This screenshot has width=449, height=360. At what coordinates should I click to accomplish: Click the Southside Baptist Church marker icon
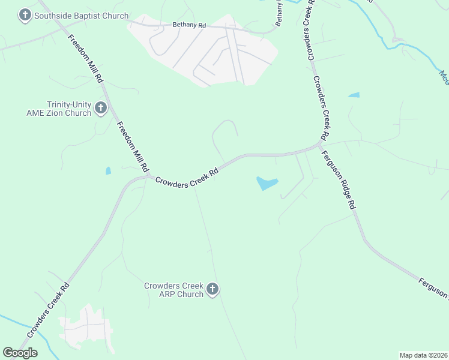[x=25, y=15]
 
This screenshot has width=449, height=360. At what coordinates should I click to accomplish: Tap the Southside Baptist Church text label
[x=82, y=15]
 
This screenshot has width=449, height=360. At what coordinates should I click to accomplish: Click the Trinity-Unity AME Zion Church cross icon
[x=100, y=109]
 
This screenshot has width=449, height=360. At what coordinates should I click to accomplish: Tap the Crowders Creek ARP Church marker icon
[x=212, y=290]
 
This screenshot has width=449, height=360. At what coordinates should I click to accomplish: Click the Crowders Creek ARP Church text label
[x=173, y=290]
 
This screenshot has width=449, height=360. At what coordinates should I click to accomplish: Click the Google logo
[x=20, y=353]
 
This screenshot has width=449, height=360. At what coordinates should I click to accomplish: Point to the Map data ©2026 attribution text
[x=424, y=355]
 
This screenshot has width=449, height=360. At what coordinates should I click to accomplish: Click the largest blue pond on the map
[x=267, y=183]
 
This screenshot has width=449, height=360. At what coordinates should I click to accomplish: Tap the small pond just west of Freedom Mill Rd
[x=108, y=171]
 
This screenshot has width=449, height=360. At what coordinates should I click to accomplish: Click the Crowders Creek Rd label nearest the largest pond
[x=186, y=178]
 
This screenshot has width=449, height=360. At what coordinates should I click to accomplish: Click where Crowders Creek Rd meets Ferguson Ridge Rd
[x=320, y=145]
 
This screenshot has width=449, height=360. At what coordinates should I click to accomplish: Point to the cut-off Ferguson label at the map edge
[x=433, y=286]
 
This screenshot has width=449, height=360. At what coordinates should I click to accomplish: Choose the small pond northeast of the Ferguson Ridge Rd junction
[x=354, y=95]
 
